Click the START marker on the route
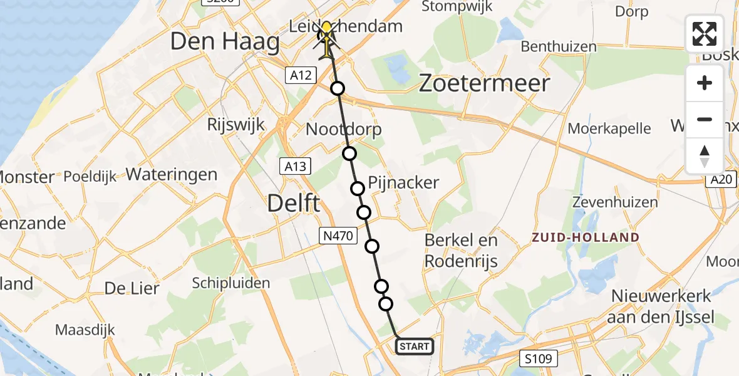(x=414, y=346)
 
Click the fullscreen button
(x=705, y=34)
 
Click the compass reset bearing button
(x=705, y=155)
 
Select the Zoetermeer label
(x=484, y=83)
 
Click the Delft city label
(x=294, y=203)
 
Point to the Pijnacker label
(x=404, y=183)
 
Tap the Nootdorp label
(x=344, y=130)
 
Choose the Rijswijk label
(x=236, y=124)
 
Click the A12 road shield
(x=299, y=76)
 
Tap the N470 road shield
(x=338, y=236)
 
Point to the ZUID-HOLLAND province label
(x=586, y=238)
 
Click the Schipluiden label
(x=232, y=283)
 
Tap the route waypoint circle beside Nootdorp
(x=349, y=154)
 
